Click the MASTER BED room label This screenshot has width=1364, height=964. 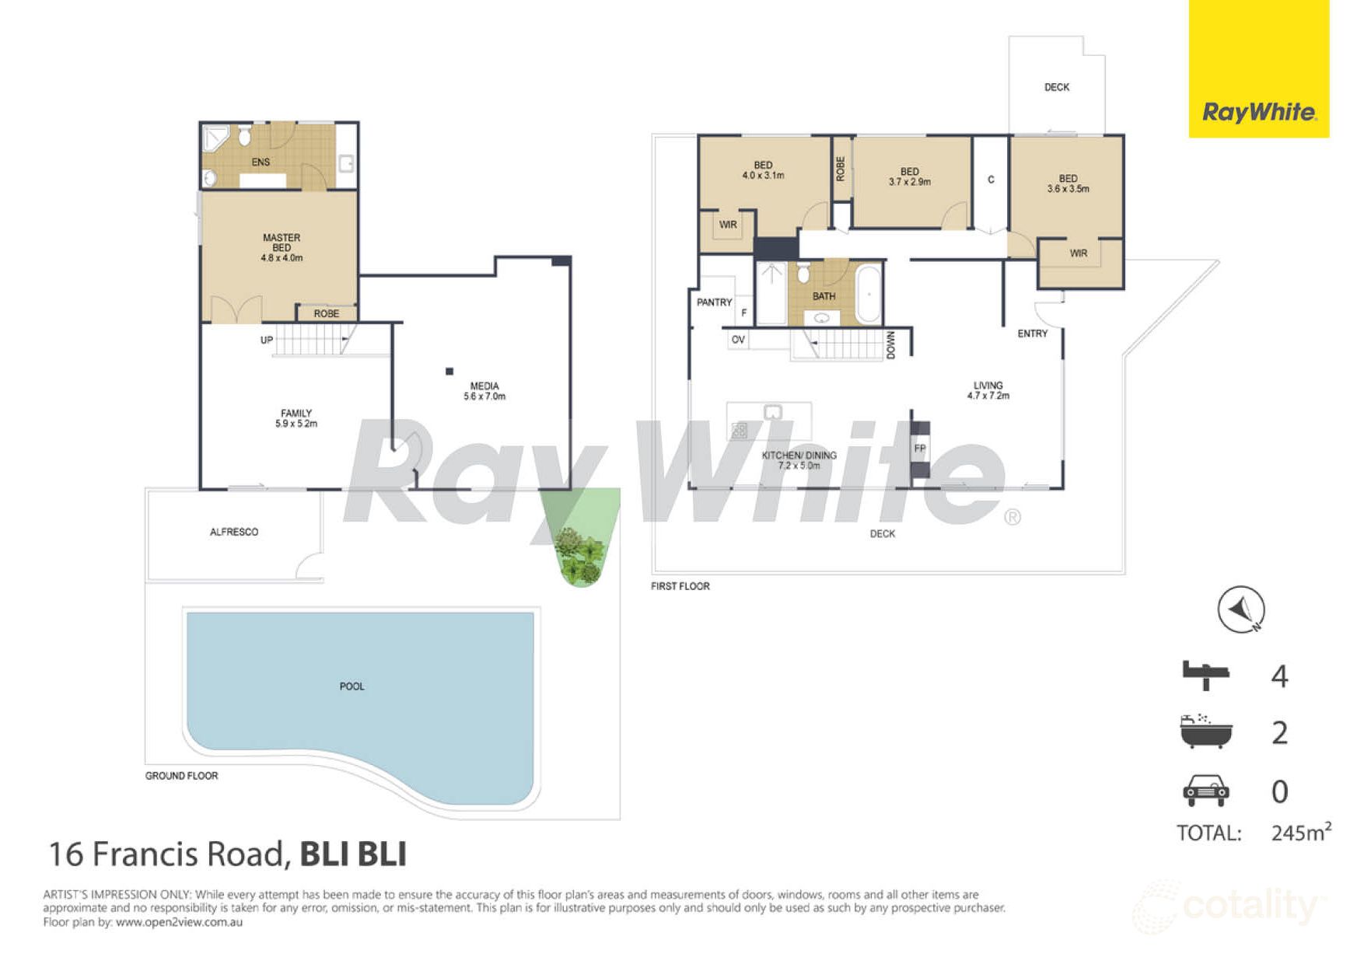pyautogui.click(x=282, y=247)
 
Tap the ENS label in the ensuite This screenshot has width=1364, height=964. pyautogui.click(x=261, y=162)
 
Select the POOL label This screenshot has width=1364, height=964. pyautogui.click(x=351, y=686)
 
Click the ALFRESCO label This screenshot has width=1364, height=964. pyautogui.click(x=234, y=532)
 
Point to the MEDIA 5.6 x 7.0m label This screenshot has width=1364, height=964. pyautogui.click(x=484, y=390)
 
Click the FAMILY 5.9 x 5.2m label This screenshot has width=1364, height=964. pyautogui.click(x=296, y=418)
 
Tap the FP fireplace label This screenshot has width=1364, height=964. pyautogui.click(x=920, y=449)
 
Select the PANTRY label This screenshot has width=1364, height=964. pyautogui.click(x=714, y=302)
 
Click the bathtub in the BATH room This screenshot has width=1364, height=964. pyautogui.click(x=868, y=295)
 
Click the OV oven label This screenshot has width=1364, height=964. pyautogui.click(x=738, y=340)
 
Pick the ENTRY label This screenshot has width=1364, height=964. pyautogui.click(x=1033, y=334)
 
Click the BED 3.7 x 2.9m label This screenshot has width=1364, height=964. pyautogui.click(x=910, y=176)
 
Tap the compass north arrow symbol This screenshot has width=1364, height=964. pyautogui.click(x=1241, y=609)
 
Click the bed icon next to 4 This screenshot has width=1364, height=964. pyautogui.click(x=1205, y=674)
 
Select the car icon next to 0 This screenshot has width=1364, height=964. pyautogui.click(x=1205, y=791)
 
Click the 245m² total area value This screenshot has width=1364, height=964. pyautogui.click(x=1300, y=833)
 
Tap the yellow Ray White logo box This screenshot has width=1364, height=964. pyautogui.click(x=1258, y=68)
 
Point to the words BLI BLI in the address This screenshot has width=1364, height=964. pyautogui.click(x=353, y=854)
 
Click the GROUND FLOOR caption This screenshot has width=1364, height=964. pyautogui.click(x=181, y=775)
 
